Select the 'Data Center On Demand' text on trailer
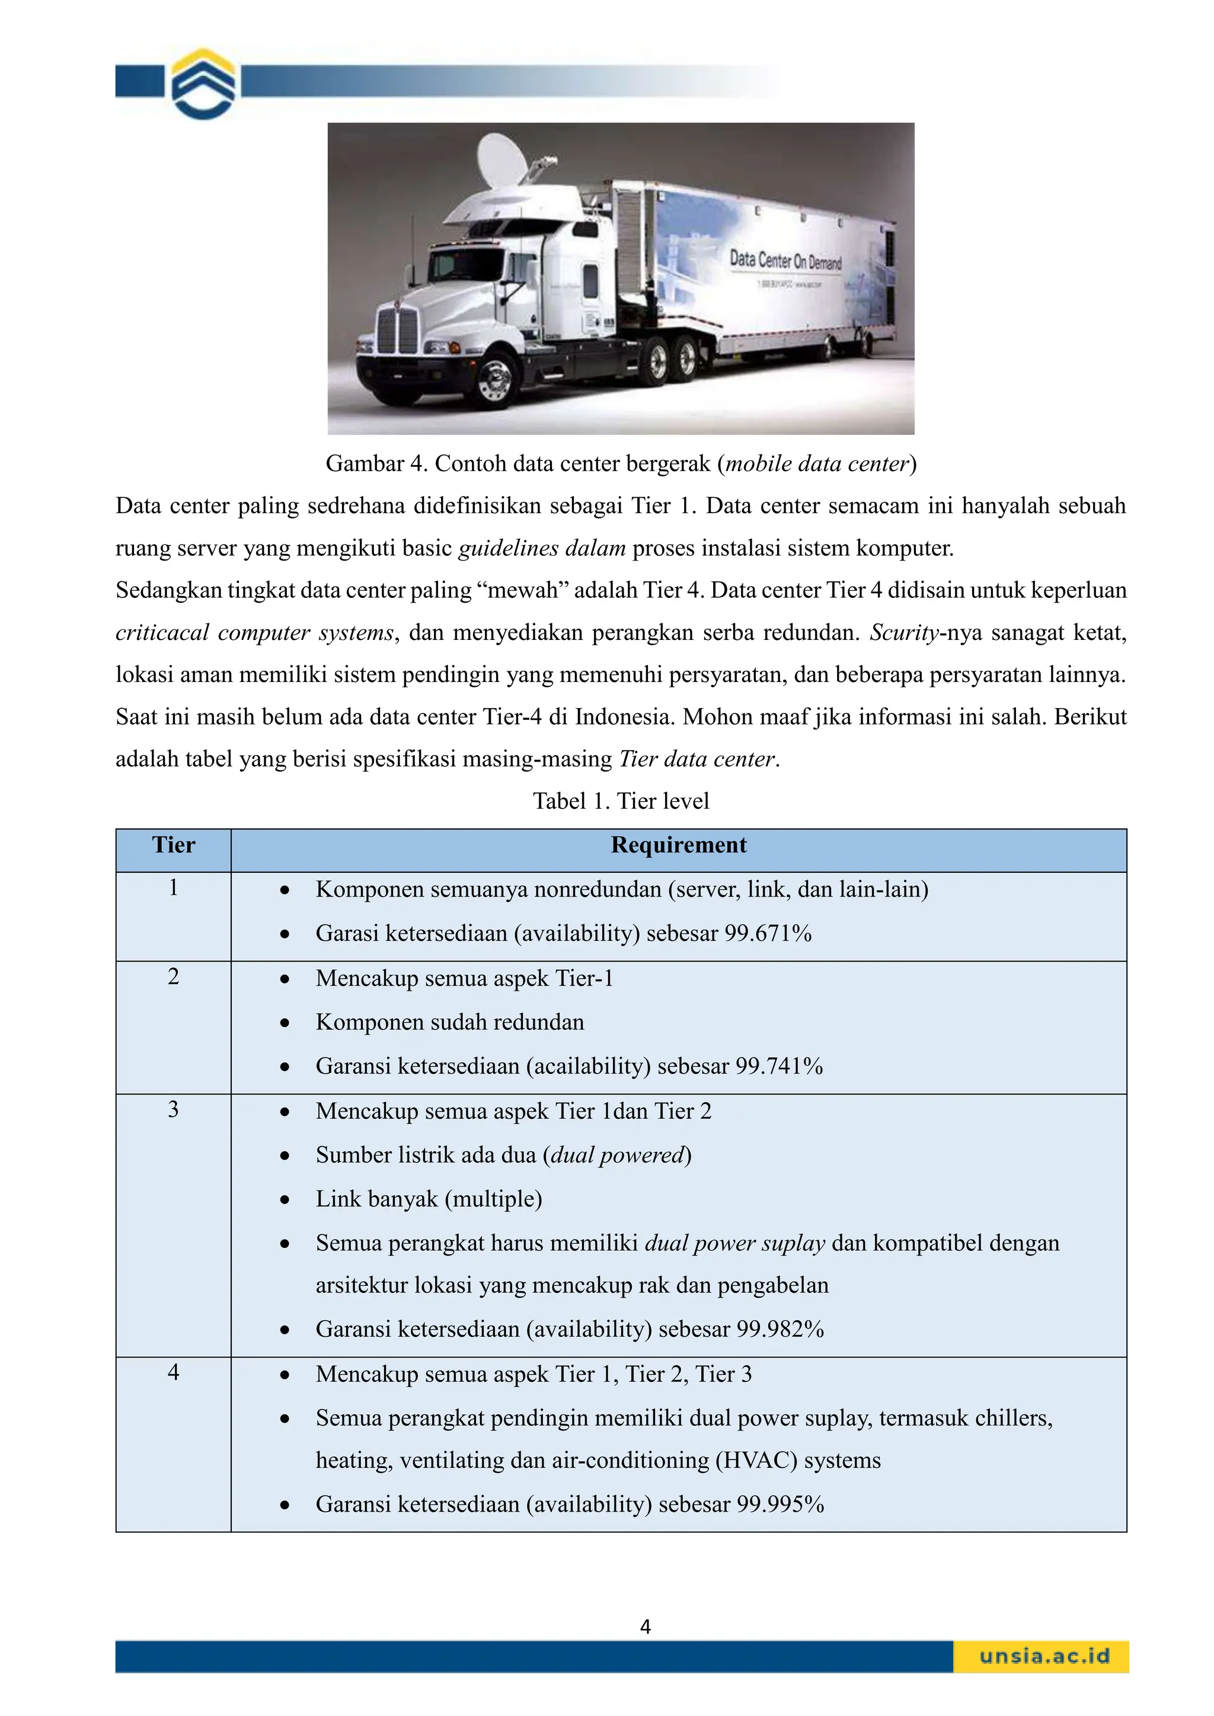[785, 261]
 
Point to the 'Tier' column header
[174, 846]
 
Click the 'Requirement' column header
[678, 846]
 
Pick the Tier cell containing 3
[174, 1110]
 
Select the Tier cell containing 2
[174, 977]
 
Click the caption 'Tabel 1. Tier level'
[621, 801]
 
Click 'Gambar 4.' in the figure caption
[376, 464]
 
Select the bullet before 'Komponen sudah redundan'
[285, 1023]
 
